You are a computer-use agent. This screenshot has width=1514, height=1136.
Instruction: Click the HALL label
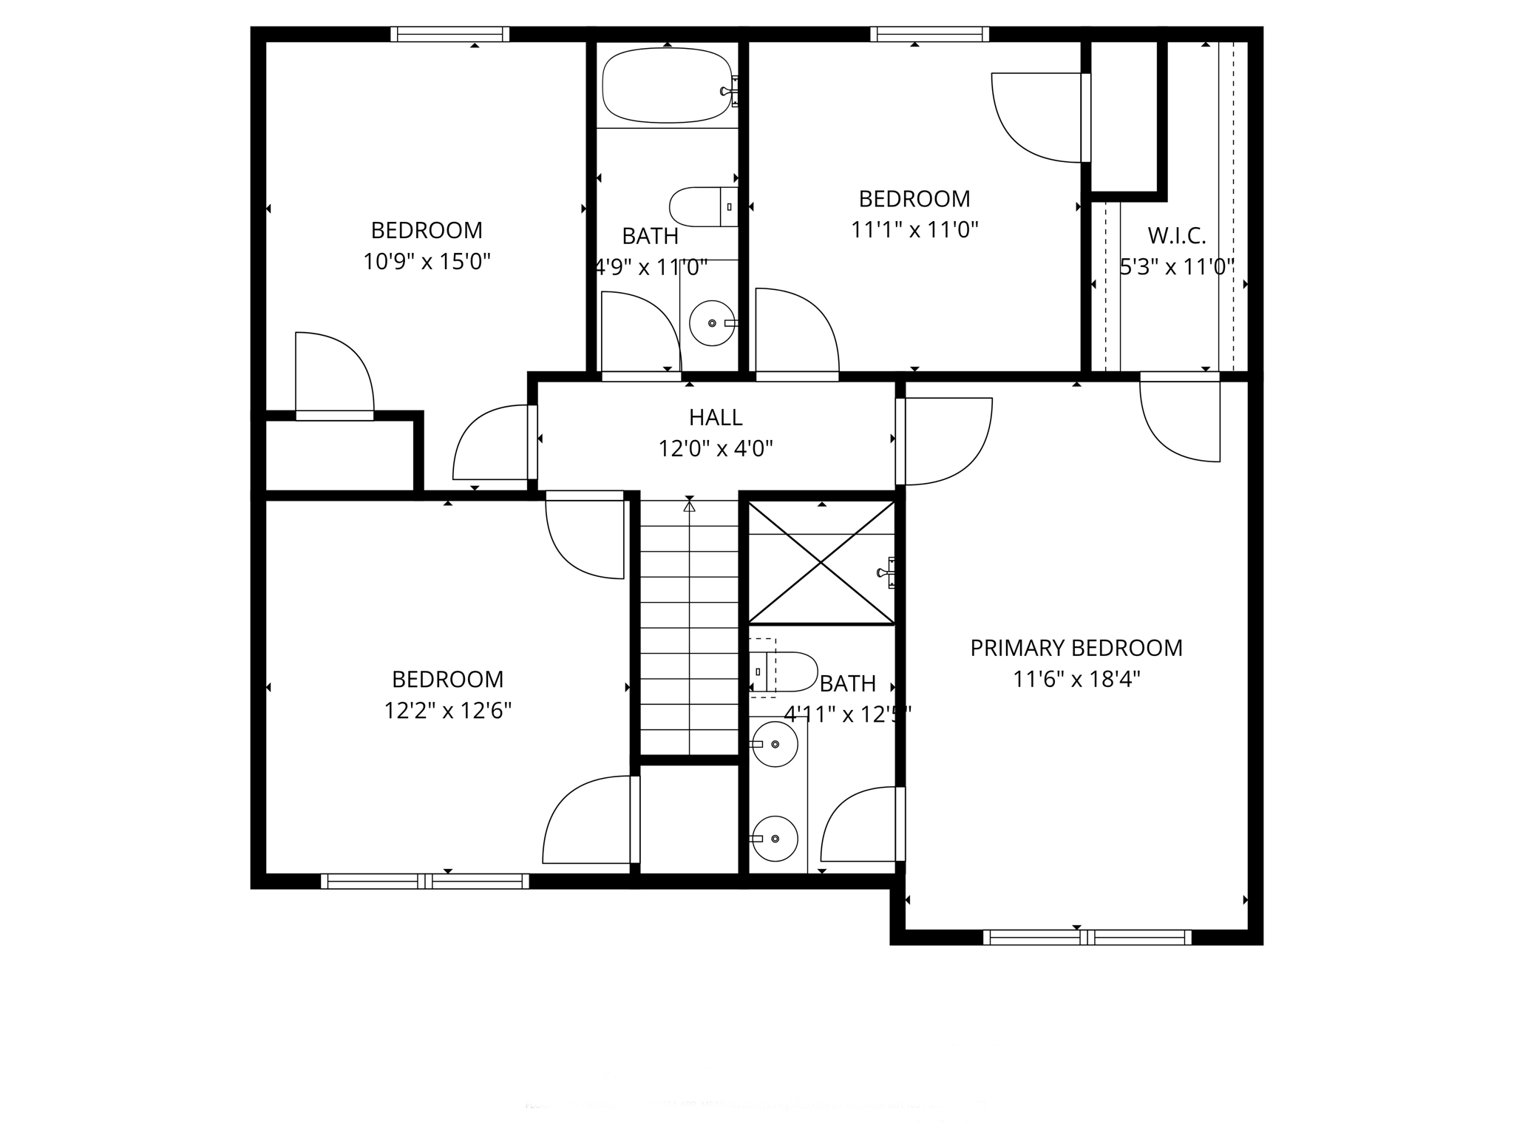point(715,418)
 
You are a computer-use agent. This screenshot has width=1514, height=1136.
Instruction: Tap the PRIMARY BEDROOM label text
point(1076,649)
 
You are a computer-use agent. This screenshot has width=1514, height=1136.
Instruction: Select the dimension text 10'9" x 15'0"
point(427,262)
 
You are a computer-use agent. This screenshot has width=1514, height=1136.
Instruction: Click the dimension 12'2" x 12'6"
point(447,711)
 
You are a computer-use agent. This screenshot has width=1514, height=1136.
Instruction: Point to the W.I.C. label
point(1176,236)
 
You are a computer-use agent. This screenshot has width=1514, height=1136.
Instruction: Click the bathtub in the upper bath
point(667,86)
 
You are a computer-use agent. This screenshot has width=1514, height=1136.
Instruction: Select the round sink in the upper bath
point(712,323)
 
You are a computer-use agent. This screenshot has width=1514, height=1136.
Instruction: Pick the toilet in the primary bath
point(787,672)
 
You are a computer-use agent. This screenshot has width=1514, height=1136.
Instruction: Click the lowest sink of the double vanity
point(775,839)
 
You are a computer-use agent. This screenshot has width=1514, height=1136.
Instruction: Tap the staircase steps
point(689,629)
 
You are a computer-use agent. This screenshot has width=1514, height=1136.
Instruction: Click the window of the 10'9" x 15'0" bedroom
point(449,34)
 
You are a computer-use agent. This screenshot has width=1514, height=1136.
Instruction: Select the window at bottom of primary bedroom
point(1087,938)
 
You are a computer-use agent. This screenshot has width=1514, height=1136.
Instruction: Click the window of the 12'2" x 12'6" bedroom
point(425,881)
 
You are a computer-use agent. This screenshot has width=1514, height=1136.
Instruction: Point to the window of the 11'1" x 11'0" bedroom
point(929,34)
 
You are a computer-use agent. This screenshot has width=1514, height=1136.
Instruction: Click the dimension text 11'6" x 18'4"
point(1076,680)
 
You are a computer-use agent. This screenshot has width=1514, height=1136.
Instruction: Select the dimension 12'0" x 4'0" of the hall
point(715,449)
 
